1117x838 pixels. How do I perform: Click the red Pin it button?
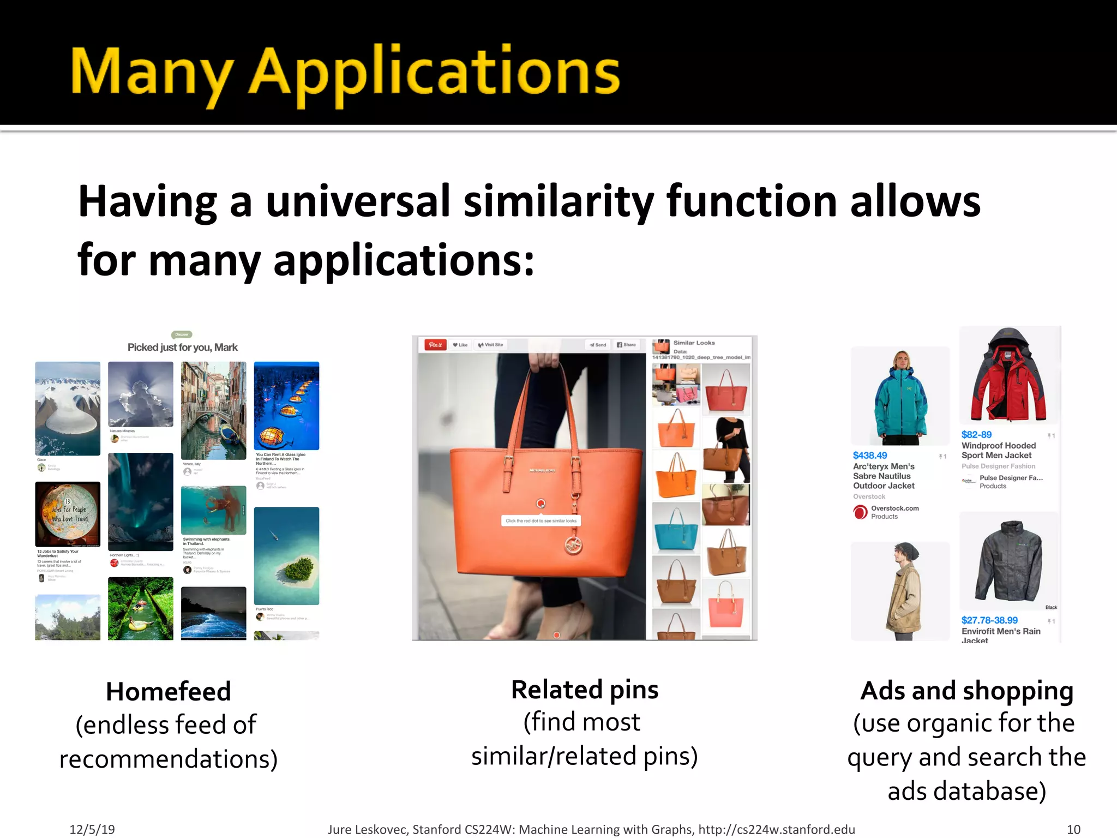[436, 345]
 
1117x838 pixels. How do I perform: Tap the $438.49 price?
[870, 456]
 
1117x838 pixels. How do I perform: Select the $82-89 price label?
[976, 435]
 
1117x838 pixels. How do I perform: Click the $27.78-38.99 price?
[989, 620]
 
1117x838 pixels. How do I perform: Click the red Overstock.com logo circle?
[861, 512]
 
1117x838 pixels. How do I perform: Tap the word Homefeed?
[169, 692]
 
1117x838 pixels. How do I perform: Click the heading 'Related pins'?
[585, 690]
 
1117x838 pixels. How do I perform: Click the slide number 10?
[1073, 830]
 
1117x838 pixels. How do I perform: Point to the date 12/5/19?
[92, 830]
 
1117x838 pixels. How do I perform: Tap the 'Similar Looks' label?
[694, 343]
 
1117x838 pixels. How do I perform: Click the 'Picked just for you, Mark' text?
[183, 348]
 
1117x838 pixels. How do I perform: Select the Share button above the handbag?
[626, 345]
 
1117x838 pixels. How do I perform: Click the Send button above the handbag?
[598, 345]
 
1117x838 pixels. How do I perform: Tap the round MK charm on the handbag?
[573, 544]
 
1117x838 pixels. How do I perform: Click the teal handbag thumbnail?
[676, 528]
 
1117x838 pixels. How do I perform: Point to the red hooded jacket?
[1008, 376]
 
